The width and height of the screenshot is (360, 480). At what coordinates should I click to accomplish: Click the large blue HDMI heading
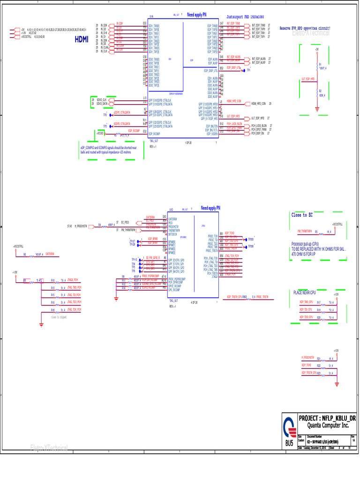point(81,39)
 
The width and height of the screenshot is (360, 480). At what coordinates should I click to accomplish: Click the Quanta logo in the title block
point(289,429)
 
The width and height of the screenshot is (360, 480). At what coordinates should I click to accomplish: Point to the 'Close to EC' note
point(300,215)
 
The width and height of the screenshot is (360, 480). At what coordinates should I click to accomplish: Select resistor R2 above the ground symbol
point(320,91)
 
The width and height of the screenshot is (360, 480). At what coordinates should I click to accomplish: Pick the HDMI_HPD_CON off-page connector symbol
point(245,103)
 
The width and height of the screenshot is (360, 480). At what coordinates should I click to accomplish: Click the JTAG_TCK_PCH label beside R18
point(74,310)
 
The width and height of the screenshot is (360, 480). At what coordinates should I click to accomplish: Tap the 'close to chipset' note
point(58,317)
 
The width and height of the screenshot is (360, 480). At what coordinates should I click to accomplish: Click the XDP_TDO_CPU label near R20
point(306,317)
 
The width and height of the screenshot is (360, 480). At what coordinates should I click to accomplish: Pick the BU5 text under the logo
point(289,442)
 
